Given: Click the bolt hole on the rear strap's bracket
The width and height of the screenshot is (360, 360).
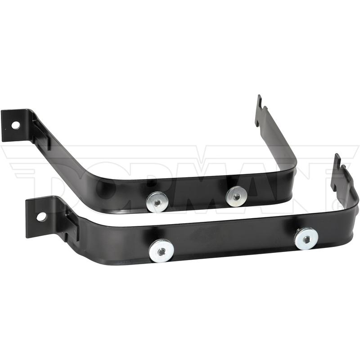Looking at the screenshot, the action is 16,125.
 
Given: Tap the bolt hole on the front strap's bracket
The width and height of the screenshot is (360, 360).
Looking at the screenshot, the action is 41,217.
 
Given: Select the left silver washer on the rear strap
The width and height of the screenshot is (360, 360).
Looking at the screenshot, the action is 157,202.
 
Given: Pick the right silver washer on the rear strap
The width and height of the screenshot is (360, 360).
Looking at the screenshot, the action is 236,197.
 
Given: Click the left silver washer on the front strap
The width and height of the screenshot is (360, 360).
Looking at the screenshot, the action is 161,251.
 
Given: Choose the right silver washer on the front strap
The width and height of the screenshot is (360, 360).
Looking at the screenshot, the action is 306,239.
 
